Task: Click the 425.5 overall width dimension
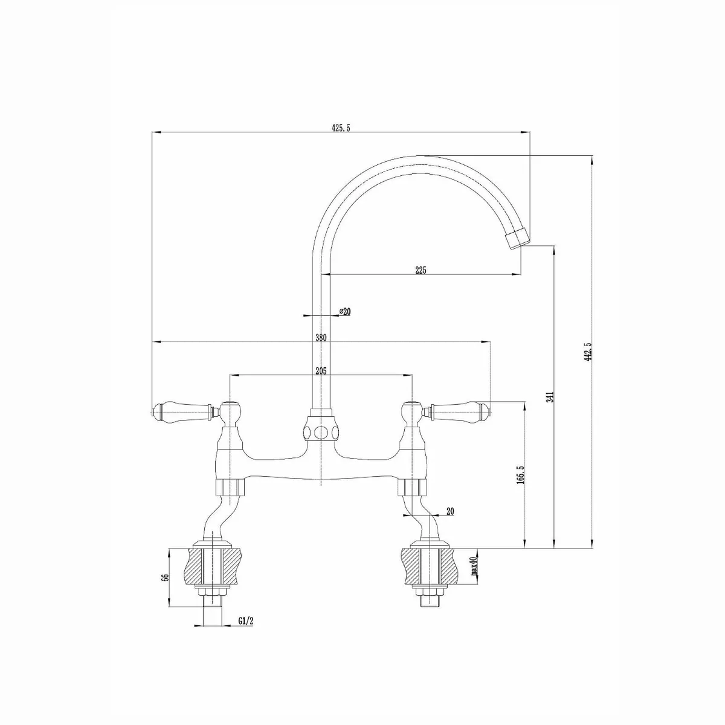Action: (341, 127)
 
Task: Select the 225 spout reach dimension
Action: (421, 270)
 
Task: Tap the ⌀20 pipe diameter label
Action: (345, 311)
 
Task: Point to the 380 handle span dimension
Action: (321, 338)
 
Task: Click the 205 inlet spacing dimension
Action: (321, 372)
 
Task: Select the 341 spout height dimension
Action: (549, 397)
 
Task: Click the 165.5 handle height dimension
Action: (521, 475)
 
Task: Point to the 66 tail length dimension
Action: (164, 577)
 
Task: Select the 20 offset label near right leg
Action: (449, 511)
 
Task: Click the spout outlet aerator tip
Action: (515, 239)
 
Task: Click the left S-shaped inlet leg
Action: (213, 517)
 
